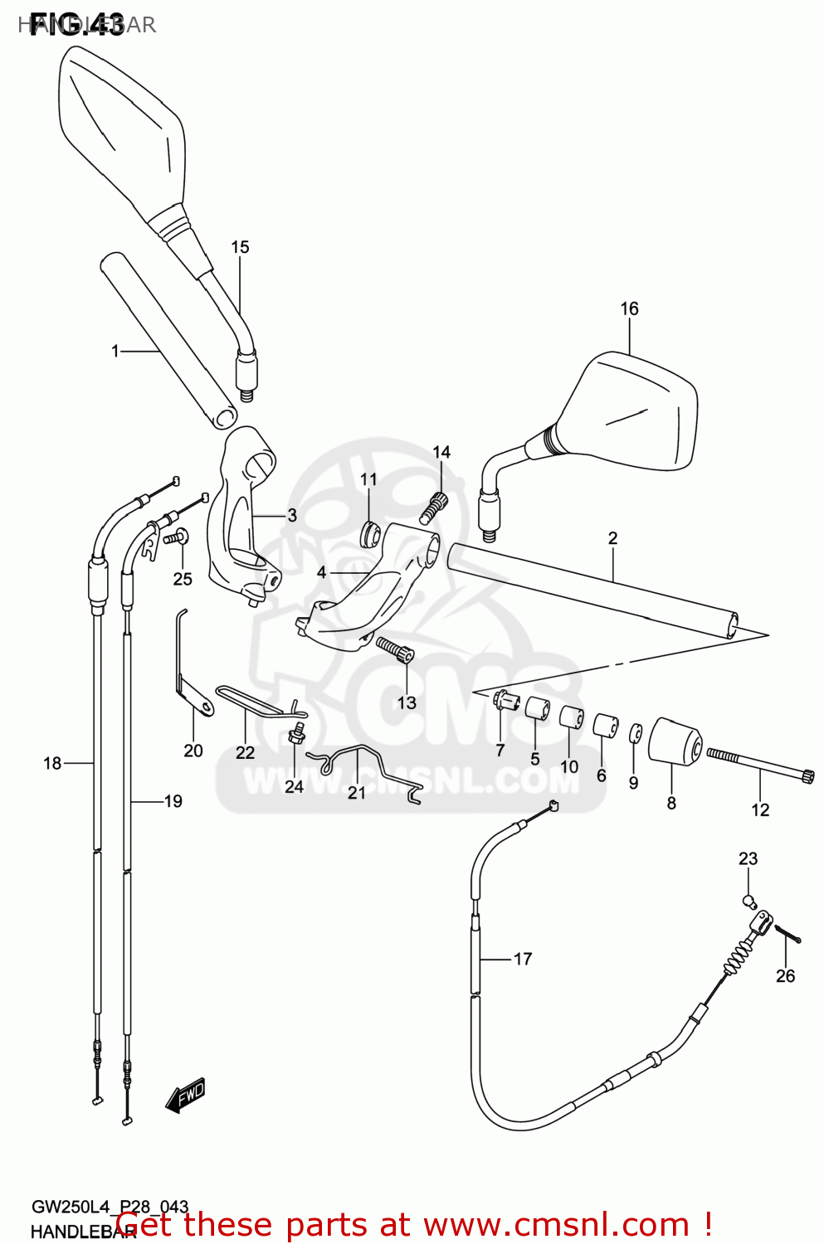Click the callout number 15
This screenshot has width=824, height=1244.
pyautogui.click(x=240, y=247)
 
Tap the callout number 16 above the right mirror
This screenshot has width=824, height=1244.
pyautogui.click(x=629, y=309)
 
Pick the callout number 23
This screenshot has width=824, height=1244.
pyautogui.click(x=748, y=858)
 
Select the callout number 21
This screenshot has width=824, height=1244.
pyautogui.click(x=357, y=793)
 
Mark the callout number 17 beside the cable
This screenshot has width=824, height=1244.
pyautogui.click(x=523, y=959)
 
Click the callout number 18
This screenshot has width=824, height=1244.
pyautogui.click(x=52, y=762)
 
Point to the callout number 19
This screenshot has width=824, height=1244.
pyautogui.click(x=173, y=801)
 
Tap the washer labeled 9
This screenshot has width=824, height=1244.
pyautogui.click(x=635, y=734)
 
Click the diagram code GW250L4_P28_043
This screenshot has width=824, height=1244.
pyautogui.click(x=110, y=1207)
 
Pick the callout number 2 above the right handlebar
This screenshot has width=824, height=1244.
pyautogui.click(x=612, y=537)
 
